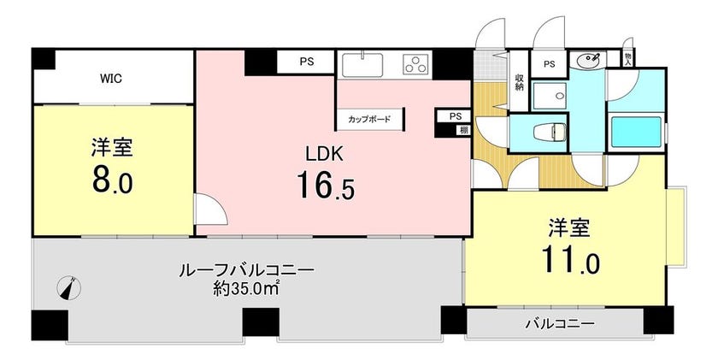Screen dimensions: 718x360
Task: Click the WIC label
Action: (x=111, y=79)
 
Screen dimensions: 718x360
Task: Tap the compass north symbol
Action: (x=68, y=288)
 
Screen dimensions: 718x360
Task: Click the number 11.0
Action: (x=570, y=259)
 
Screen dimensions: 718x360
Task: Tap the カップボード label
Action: (x=369, y=120)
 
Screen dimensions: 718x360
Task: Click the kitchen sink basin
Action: (x=362, y=64)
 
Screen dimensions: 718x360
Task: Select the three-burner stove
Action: (x=415, y=64)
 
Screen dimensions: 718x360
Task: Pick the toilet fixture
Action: (x=550, y=133)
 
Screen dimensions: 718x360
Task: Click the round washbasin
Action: (x=589, y=60)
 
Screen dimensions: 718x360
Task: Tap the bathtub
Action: (x=636, y=133)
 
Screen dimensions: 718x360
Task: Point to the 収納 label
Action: (x=520, y=82)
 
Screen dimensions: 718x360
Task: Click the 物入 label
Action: (x=628, y=58)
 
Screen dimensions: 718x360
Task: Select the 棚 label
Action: (x=464, y=130)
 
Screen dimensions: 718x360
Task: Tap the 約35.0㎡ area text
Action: (x=247, y=288)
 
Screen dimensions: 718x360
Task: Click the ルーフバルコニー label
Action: (x=246, y=270)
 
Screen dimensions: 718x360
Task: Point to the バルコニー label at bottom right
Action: (x=560, y=324)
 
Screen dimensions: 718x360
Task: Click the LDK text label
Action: (x=324, y=154)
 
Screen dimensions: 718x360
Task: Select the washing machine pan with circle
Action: (x=550, y=96)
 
